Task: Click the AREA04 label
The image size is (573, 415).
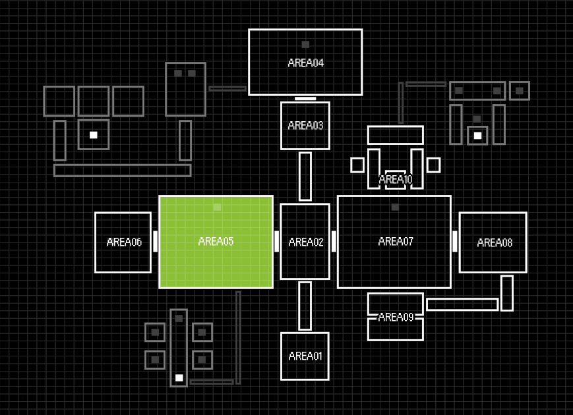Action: pyautogui.click(x=305, y=63)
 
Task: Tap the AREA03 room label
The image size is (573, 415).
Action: pyautogui.click(x=305, y=125)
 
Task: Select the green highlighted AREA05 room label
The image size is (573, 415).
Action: pyautogui.click(x=216, y=242)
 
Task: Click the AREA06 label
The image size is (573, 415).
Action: pyautogui.click(x=124, y=242)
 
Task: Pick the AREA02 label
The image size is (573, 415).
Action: pyautogui.click(x=306, y=242)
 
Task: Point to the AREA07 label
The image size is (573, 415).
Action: pyautogui.click(x=396, y=242)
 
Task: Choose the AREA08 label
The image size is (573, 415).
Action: pyautogui.click(x=495, y=243)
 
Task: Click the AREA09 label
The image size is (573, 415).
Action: pyautogui.click(x=396, y=317)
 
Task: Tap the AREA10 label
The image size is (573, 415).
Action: pyautogui.click(x=396, y=179)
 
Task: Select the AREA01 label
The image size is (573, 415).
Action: pyautogui.click(x=305, y=356)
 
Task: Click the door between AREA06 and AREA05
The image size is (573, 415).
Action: pyautogui.click(x=156, y=241)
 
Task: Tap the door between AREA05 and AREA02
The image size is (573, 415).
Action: pyautogui.click(x=277, y=241)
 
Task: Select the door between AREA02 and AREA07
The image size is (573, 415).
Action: pyautogui.click(x=334, y=241)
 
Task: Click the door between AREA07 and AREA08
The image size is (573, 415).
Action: pyautogui.click(x=455, y=241)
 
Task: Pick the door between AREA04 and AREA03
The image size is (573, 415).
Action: pyautogui.click(x=305, y=99)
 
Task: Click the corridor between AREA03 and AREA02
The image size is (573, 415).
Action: pyautogui.click(x=305, y=176)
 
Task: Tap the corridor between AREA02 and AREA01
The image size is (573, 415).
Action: pyautogui.click(x=305, y=306)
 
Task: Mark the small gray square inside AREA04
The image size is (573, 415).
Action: pyautogui.click(x=305, y=45)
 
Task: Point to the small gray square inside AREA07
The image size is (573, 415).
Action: pyautogui.click(x=395, y=207)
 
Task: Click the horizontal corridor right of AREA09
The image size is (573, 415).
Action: pyautogui.click(x=462, y=304)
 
